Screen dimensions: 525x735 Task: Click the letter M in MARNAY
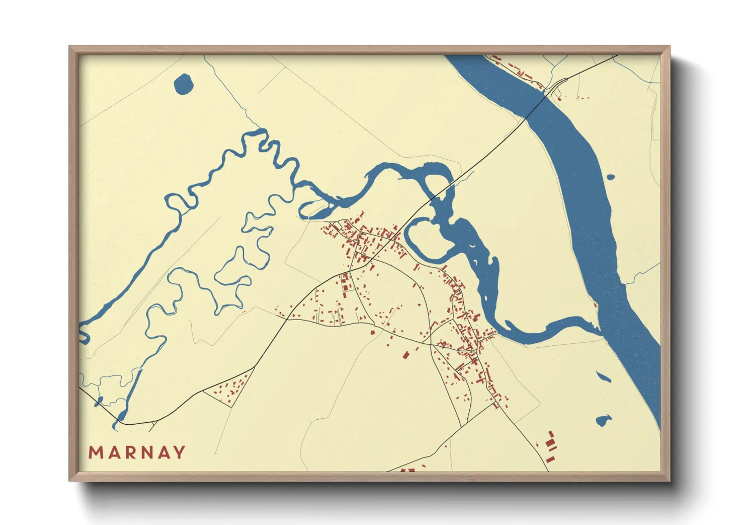pyautogui.click(x=95, y=453)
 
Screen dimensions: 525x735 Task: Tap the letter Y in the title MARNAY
pyautogui.click(x=179, y=453)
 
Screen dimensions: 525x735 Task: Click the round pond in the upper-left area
pyautogui.click(x=183, y=84)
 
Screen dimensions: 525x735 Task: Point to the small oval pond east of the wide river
pyautogui.click(x=610, y=177)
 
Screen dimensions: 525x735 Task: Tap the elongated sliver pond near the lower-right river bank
pyautogui.click(x=603, y=377)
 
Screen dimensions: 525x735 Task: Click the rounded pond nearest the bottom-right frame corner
pyautogui.click(x=603, y=420)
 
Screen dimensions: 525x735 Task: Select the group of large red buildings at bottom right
pyautogui.click(x=550, y=442)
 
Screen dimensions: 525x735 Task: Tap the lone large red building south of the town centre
pyautogui.click(x=405, y=355)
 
